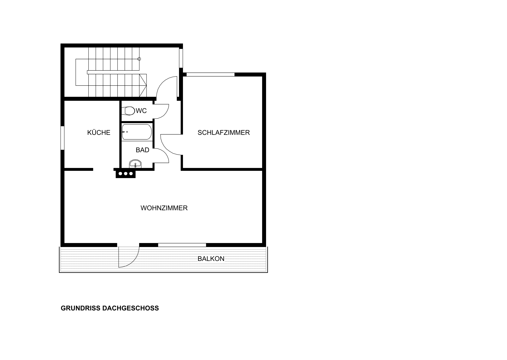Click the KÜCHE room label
[99, 133]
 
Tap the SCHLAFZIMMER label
[224, 133]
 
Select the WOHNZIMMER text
[164, 208]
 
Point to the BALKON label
[211, 259]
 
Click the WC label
[141, 111]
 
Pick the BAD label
[143, 150]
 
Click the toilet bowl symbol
[130, 111]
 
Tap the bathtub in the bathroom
[137, 132]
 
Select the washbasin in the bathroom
[135, 164]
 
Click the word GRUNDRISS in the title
[81, 308]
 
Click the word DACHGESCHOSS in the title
[131, 308]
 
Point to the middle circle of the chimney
[125, 174]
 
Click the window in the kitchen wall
[62, 138]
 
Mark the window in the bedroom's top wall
[211, 74]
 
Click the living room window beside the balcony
[182, 245]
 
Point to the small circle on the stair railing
[139, 59]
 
